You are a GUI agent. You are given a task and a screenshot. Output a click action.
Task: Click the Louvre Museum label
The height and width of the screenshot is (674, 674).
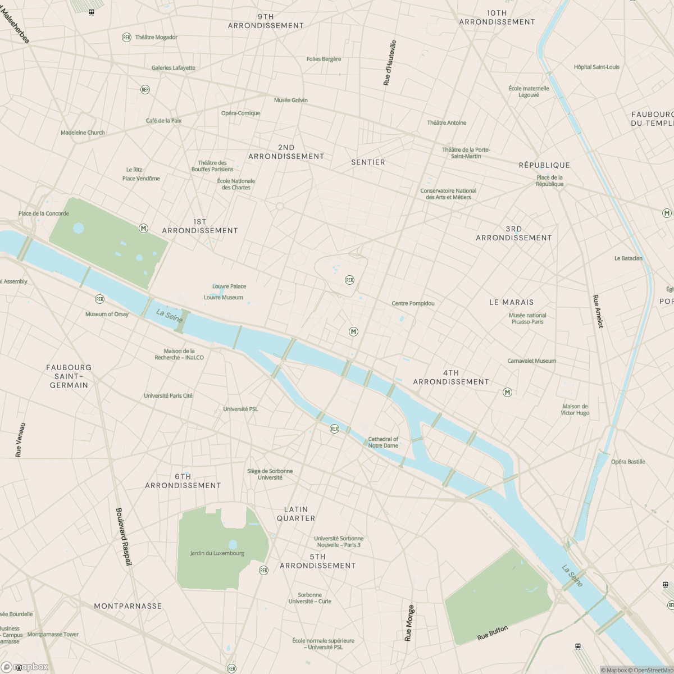[223, 298]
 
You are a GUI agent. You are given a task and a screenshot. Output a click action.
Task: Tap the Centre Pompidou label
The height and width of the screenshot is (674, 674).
[413, 303]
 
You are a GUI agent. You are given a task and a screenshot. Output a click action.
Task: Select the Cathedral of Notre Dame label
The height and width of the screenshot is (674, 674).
[383, 443]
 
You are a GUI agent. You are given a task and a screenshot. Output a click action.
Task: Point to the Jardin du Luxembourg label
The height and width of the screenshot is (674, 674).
[217, 553]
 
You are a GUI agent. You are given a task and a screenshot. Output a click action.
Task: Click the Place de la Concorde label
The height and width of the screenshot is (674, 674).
[43, 213]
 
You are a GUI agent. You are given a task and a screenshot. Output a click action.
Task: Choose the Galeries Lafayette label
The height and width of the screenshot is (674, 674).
[173, 68]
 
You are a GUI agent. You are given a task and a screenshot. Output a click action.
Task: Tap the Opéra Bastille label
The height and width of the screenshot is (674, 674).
[628, 462]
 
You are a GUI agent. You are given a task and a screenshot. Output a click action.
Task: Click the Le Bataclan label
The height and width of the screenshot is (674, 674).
[628, 258]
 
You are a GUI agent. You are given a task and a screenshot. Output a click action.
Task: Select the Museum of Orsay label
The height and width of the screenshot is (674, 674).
[107, 314]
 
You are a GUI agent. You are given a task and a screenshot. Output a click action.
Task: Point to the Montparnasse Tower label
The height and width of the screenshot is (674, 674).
[53, 635]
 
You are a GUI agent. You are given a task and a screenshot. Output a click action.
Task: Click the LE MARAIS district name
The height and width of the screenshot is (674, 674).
[511, 302]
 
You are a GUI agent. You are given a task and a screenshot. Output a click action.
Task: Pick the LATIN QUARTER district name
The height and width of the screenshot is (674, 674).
[296, 514]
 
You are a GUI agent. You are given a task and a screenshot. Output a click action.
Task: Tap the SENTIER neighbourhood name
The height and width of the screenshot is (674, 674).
[368, 162]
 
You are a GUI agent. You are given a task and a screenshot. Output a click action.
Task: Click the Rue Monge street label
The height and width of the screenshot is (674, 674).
[409, 623]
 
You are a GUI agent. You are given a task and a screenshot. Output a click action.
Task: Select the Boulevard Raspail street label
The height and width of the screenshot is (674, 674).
[123, 536]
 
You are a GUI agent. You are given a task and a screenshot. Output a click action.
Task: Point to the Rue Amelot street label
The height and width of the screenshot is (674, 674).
[598, 311]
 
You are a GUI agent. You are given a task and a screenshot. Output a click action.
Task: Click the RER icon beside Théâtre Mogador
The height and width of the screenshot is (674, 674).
[126, 37]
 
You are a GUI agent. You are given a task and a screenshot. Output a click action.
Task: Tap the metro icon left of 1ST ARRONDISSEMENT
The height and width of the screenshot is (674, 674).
[144, 228]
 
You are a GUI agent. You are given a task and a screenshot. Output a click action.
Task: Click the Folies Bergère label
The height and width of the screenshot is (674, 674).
[324, 59]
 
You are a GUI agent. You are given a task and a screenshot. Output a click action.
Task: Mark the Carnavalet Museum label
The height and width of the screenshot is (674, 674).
[531, 361]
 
